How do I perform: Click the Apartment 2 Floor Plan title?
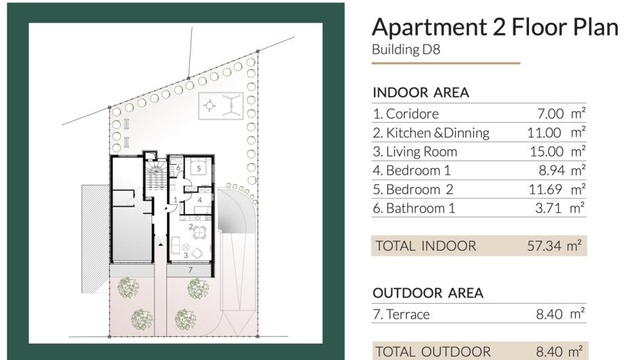coord(495,27)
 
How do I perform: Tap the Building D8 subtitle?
coord(406,49)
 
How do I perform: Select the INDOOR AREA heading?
coord(421,93)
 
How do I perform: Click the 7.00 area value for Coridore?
coord(550,114)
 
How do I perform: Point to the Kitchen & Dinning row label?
coord(431,133)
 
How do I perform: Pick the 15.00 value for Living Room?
coord(547,152)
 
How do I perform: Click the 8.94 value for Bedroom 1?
coord(551,170)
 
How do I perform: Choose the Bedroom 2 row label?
coord(413,189)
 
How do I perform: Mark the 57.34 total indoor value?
coord(544,246)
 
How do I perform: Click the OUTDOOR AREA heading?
coord(428,293)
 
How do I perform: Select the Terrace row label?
coord(401,315)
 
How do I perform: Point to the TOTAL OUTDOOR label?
coord(433,352)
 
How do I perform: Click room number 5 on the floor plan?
coord(199,169)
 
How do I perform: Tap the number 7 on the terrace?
coord(190,270)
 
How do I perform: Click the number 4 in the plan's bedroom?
coord(200,200)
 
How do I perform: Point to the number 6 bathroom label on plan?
coord(178,168)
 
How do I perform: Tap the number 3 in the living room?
coord(185,256)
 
